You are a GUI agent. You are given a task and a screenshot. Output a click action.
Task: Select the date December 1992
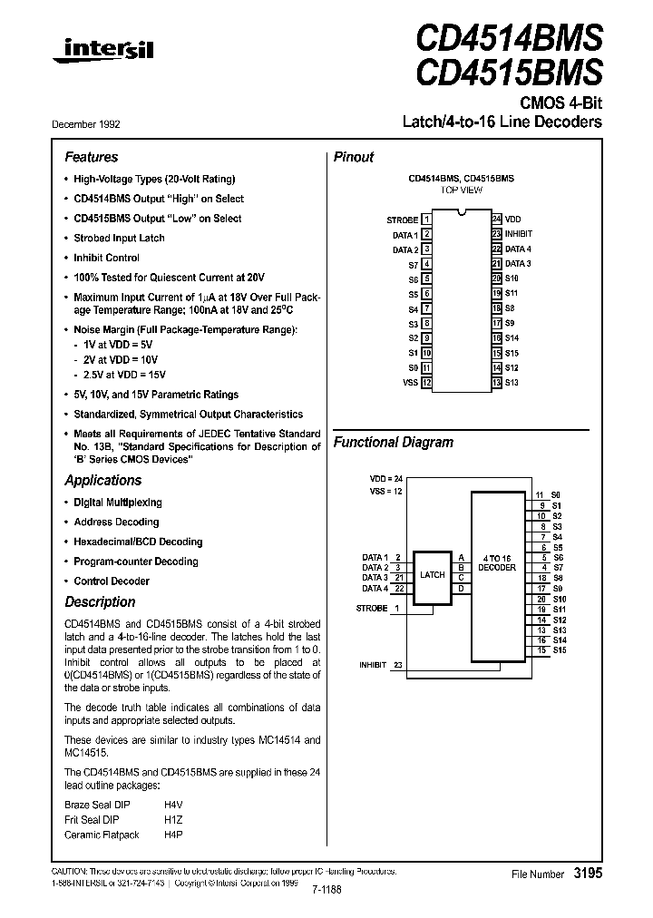pyautogui.click(x=92, y=123)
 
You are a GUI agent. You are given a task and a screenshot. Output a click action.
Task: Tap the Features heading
pyautogui.click(x=92, y=157)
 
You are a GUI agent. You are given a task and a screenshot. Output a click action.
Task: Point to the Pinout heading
pyautogui.click(x=354, y=157)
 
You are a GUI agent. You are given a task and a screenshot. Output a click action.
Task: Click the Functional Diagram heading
pyautogui.click(x=394, y=443)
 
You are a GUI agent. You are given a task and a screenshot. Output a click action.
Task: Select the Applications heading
pyautogui.click(x=103, y=481)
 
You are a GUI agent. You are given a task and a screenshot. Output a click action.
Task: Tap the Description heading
pyautogui.click(x=100, y=602)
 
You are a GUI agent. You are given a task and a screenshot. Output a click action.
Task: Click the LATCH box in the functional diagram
pyautogui.click(x=432, y=574)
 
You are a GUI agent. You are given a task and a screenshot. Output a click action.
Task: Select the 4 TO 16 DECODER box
pyautogui.click(x=496, y=562)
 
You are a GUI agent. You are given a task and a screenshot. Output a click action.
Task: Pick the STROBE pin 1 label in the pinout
pyautogui.click(x=403, y=220)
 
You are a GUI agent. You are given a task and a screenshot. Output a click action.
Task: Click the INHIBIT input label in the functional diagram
pyautogui.click(x=373, y=665)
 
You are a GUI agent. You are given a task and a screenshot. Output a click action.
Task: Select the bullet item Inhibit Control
pyautogui.click(x=106, y=258)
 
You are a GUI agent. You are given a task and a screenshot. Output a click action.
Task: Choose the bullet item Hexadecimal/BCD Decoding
pyautogui.click(x=138, y=542)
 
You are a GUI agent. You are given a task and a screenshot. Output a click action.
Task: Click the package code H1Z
pyautogui.click(x=173, y=819)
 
